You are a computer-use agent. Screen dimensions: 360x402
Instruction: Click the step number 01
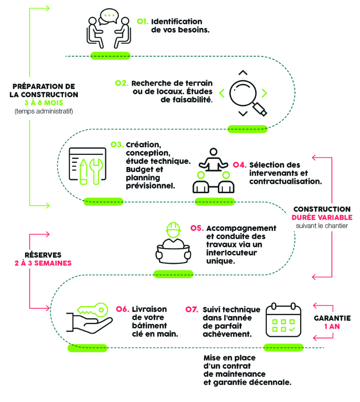[143, 21]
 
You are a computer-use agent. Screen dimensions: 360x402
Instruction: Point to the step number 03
[117, 145]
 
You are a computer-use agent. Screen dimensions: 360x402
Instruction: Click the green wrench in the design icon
[96, 171]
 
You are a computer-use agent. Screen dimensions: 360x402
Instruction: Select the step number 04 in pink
[239, 165]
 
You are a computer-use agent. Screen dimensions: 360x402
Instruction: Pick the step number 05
[197, 228]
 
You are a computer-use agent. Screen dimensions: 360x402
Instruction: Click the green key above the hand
[92, 310]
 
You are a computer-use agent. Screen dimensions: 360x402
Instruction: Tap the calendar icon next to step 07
[283, 320]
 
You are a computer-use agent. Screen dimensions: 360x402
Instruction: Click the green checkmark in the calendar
[292, 329]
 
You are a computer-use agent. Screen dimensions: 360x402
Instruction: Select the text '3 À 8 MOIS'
[44, 103]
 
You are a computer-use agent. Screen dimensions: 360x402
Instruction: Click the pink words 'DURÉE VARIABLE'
[322, 217]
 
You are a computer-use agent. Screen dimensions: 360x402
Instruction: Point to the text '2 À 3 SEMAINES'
[43, 263]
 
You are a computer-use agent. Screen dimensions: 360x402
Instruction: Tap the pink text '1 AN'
[332, 326]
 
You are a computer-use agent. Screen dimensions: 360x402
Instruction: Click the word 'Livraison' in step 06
[149, 309]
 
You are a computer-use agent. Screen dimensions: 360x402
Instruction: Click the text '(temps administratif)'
[44, 111]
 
